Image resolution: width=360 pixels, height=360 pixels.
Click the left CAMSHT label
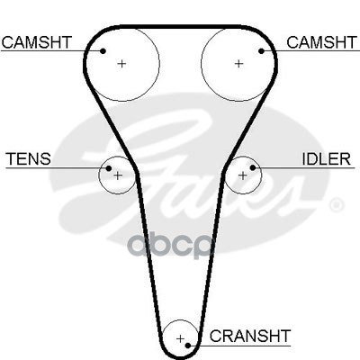pyautogui.click(x=37, y=42)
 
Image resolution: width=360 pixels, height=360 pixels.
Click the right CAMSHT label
pyautogui.click(x=321, y=42)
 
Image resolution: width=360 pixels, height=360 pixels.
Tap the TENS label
pyautogui.click(x=29, y=158)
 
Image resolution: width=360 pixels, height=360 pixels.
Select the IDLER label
pyautogui.click(x=326, y=159)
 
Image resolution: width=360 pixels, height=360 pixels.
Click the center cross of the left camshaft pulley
pyautogui.click(x=121, y=64)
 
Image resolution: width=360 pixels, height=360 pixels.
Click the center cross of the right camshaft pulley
pyautogui.click(x=238, y=64)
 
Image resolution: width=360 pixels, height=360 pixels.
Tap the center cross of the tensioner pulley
pyautogui.click(x=118, y=175)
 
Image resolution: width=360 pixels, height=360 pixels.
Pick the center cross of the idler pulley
pyautogui.click(x=242, y=175)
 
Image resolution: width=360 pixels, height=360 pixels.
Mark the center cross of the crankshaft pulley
pyautogui.click(x=180, y=339)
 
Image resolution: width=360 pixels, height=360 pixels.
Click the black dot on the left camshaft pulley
pyautogui.click(x=103, y=51)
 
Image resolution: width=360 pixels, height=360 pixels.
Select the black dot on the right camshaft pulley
pyautogui.click(x=261, y=51)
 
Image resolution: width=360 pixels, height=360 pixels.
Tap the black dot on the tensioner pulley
pyautogui.click(x=109, y=168)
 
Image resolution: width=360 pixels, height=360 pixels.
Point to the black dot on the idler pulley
pyautogui.click(x=253, y=167)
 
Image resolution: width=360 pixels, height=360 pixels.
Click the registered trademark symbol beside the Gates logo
pyautogui.click(x=336, y=205)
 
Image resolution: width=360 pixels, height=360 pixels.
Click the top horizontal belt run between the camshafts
pyautogui.click(x=180, y=27)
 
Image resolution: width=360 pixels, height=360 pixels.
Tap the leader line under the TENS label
pyautogui.click(x=58, y=168)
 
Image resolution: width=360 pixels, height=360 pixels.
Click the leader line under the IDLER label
pyautogui.click(x=304, y=167)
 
